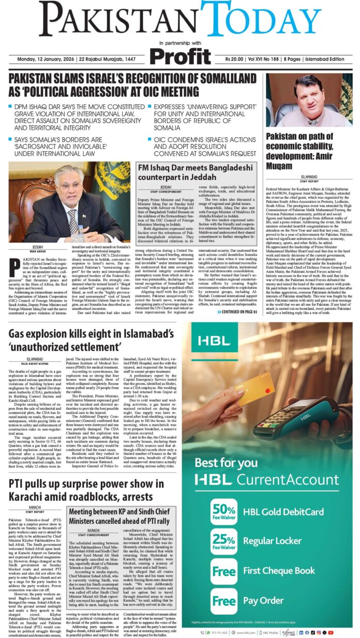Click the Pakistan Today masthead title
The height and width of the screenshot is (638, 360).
[x=179, y=20]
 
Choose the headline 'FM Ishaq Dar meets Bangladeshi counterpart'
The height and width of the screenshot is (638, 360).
[x=196, y=172]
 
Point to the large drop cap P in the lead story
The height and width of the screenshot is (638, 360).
[x=15, y=267]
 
